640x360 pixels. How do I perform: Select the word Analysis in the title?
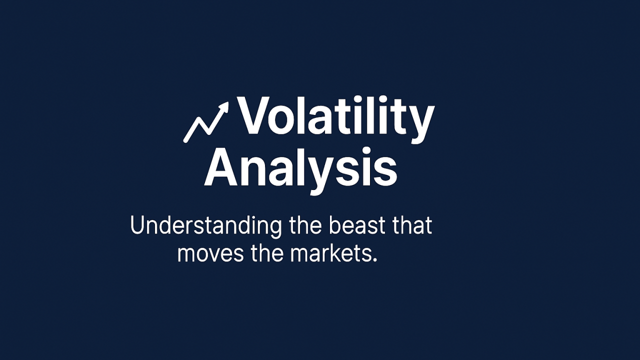tap(300, 167)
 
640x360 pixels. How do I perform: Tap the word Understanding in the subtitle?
tap(205, 225)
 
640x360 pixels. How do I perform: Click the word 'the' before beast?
tap(306, 225)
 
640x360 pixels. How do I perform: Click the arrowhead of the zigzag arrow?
tap(223, 107)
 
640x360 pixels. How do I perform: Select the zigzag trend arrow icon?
tap(206, 122)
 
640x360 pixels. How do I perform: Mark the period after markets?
tap(374, 260)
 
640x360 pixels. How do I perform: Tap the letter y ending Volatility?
tap(421, 122)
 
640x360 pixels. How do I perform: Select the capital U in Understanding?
tap(137, 225)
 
